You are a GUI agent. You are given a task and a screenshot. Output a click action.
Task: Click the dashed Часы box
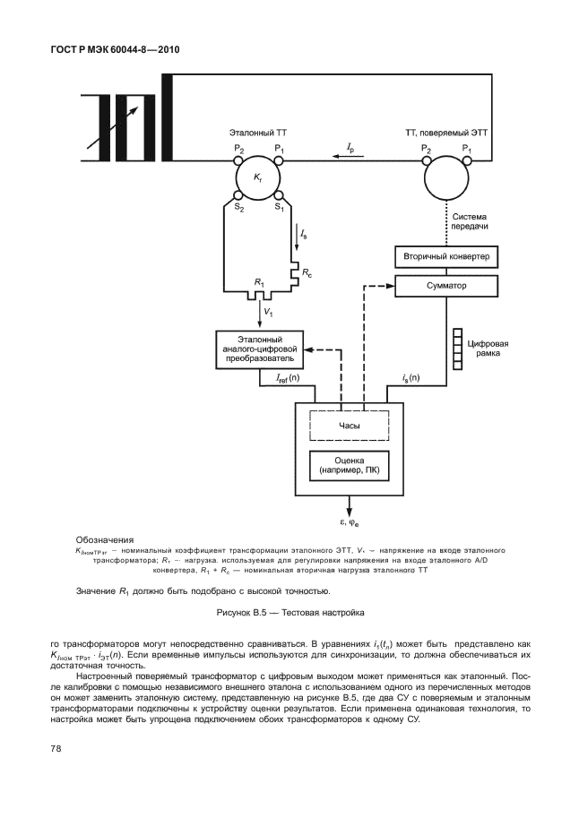coord(350,426)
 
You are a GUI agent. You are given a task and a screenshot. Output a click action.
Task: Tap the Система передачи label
coord(470,221)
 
